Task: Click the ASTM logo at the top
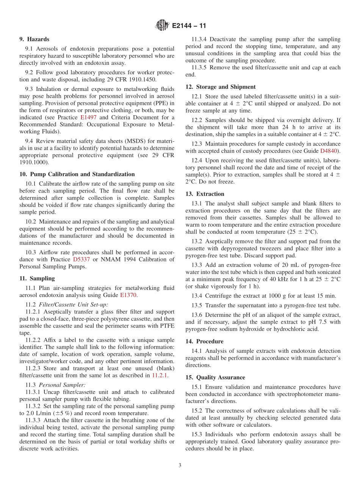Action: (x=162, y=26)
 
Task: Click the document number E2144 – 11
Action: (x=189, y=26)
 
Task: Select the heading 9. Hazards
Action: (x=34, y=39)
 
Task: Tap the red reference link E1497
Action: (x=89, y=117)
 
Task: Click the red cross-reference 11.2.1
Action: (x=160, y=376)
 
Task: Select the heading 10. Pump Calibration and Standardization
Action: (x=77, y=174)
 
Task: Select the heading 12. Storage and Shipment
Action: (x=221, y=87)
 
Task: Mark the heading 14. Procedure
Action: (x=205, y=341)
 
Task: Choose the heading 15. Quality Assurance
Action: (x=215, y=377)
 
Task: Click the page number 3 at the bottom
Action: (x=180, y=466)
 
